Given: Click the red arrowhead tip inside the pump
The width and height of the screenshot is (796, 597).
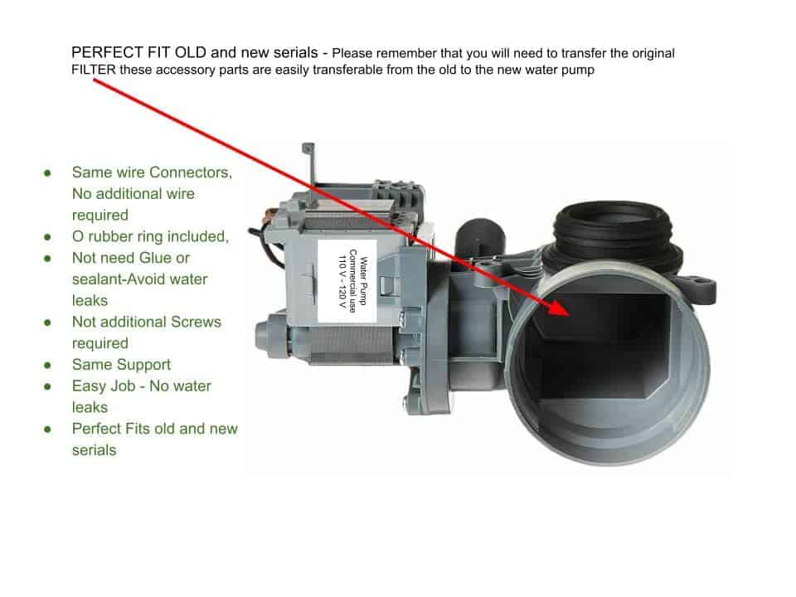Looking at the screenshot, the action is [x=570, y=316].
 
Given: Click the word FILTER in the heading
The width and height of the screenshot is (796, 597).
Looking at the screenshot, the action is [x=94, y=70].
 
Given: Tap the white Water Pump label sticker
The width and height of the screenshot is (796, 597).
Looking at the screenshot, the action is [x=347, y=281].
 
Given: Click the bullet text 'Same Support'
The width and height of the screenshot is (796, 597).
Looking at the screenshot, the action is [x=121, y=365].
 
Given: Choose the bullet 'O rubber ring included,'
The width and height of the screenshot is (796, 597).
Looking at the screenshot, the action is [x=150, y=236].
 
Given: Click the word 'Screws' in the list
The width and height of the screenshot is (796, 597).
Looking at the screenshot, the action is [x=196, y=322].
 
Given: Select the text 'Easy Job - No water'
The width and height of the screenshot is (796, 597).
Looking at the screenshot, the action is [x=142, y=386].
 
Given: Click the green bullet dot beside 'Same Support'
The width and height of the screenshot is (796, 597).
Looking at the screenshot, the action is [x=47, y=365].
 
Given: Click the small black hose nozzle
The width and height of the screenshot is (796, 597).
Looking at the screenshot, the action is [x=478, y=239].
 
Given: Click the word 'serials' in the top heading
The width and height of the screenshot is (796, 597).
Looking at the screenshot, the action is [x=295, y=52].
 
